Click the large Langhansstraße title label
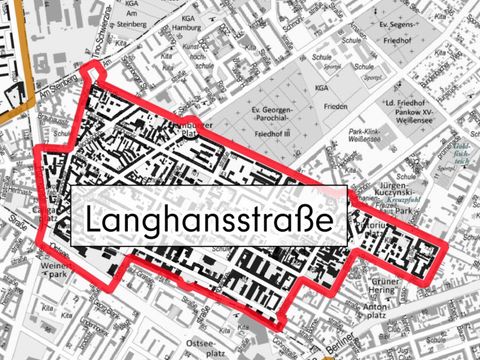pyautogui.click(x=208, y=219)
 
